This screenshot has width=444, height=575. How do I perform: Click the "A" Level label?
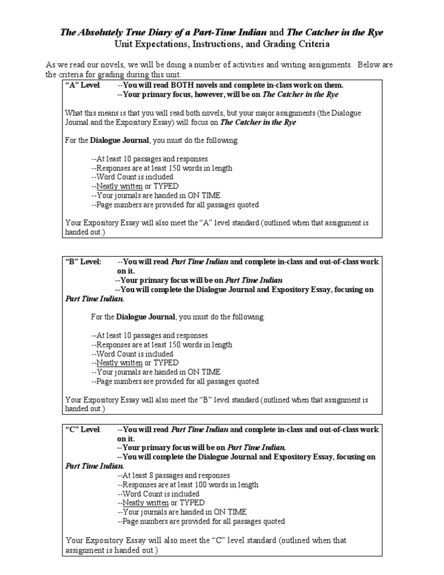[x=83, y=85]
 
